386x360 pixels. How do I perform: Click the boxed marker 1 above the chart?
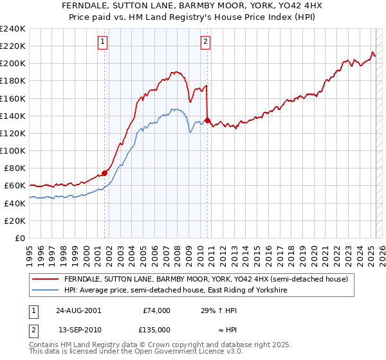click(x=103, y=42)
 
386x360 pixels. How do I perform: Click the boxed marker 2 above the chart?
click(x=205, y=42)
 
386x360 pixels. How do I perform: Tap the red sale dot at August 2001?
click(x=105, y=173)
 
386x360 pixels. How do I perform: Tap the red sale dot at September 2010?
click(x=208, y=120)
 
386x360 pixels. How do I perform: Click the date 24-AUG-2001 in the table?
click(x=78, y=310)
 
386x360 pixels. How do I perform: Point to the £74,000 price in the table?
click(x=156, y=310)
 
